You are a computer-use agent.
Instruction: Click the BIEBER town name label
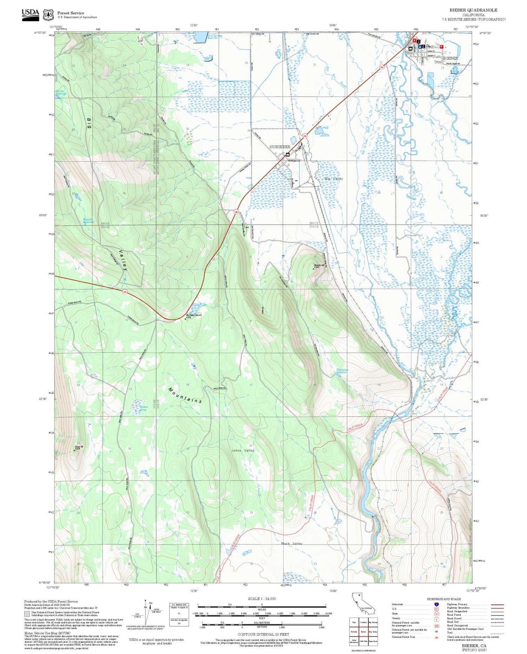pyautogui.click(x=451, y=58)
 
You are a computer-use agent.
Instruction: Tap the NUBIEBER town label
pyautogui.click(x=280, y=147)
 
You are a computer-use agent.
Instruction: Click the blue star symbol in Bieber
pyautogui.click(x=420, y=47)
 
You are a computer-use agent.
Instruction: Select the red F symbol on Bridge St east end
pyautogui.click(x=441, y=47)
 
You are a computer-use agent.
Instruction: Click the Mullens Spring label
pyautogui.click(x=143, y=408)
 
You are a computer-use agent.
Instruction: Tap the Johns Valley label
pyautogui.click(x=242, y=450)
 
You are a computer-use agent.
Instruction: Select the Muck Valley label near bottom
pyautogui.click(x=292, y=543)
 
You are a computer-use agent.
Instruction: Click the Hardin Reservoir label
pyautogui.click(x=61, y=92)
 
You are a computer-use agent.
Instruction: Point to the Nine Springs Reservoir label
pyautogui.click(x=215, y=37)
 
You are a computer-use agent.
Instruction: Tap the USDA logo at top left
pyautogui.click(x=31, y=14)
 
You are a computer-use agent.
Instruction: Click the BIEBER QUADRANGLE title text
pyautogui.click(x=473, y=10)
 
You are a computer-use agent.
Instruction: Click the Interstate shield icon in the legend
pyautogui.click(x=436, y=604)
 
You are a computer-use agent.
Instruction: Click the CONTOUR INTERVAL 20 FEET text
pyautogui.click(x=263, y=634)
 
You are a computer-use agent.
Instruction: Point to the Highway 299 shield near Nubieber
pyautogui.click(x=305, y=136)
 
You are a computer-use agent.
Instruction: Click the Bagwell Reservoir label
pyautogui.click(x=88, y=221)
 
